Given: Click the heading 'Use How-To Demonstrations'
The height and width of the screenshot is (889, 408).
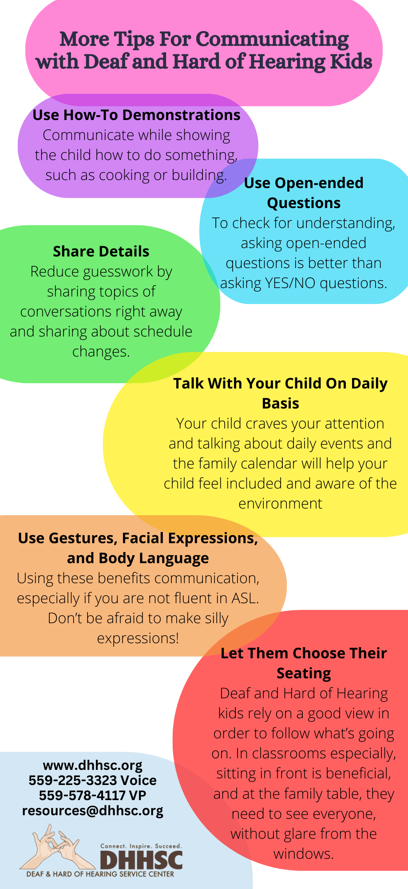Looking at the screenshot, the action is point(136,115).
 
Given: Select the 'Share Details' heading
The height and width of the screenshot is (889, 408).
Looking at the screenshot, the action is point(101,251).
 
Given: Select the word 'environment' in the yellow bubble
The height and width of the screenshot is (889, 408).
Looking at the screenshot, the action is point(280,503).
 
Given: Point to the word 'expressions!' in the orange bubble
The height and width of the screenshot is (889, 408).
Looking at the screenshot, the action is point(138,638).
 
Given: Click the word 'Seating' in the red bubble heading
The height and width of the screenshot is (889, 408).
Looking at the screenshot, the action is point(304,673).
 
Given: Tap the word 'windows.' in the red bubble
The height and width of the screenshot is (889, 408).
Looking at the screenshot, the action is point(304,854).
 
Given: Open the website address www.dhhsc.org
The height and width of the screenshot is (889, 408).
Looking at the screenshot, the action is point(93,765).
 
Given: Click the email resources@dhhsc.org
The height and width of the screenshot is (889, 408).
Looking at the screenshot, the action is point(93,811).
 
